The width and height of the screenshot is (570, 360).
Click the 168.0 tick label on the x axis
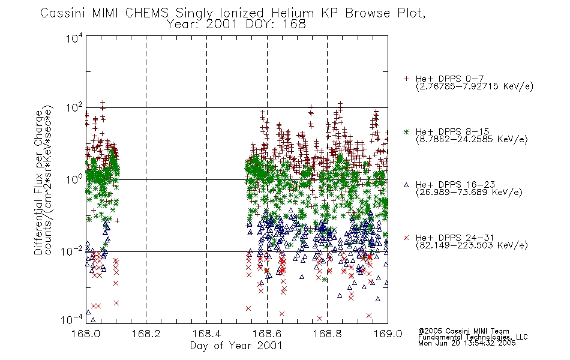[x=86, y=334]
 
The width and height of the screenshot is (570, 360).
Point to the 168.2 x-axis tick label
[x=146, y=334]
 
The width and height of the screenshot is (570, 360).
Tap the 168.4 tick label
[x=206, y=334]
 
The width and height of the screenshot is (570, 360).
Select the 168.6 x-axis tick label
[x=267, y=334]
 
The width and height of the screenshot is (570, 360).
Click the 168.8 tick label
[x=328, y=334]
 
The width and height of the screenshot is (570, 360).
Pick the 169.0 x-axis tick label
[x=388, y=334]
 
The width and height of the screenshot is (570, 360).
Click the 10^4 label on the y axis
[x=74, y=38]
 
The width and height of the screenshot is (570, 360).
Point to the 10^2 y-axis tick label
[x=74, y=108]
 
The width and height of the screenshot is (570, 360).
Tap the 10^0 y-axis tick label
[x=74, y=179]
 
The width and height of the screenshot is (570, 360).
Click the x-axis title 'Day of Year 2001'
[x=236, y=346]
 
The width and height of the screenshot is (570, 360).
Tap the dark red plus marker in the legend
[x=406, y=79]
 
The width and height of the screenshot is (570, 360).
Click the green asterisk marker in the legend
[x=406, y=131]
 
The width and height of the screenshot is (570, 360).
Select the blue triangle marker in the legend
[x=406, y=185]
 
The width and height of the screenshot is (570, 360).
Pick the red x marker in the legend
[x=406, y=238]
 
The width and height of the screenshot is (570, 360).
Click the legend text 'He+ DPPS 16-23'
[x=455, y=185]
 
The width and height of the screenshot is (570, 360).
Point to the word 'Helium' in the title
[x=292, y=13]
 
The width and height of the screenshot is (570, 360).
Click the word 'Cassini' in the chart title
[x=62, y=13]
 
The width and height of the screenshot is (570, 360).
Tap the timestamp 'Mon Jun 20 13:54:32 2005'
[x=467, y=343]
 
